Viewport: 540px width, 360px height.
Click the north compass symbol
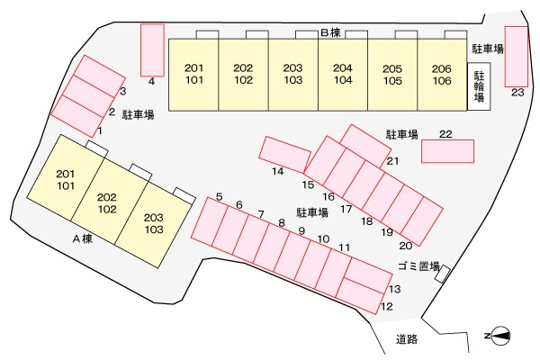500,336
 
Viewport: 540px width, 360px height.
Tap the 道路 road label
407,339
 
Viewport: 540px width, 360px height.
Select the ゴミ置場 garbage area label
418,266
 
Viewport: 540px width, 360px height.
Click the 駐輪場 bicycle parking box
479,86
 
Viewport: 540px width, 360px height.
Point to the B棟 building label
330,32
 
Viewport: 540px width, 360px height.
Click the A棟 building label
83,238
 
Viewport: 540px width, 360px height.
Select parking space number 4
152,50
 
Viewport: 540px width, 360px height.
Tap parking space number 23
517,57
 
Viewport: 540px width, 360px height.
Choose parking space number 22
447,151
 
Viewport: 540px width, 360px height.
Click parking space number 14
284,154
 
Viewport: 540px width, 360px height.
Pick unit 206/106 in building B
442,75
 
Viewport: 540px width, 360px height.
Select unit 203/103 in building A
154,223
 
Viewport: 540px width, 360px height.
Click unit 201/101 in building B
193,75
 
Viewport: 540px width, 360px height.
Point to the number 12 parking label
387,306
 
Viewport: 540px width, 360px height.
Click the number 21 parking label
392,161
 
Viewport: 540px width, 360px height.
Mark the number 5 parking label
220,197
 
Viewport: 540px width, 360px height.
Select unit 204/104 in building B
343,75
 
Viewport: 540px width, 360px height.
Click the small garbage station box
443,274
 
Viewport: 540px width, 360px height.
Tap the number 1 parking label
100,130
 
